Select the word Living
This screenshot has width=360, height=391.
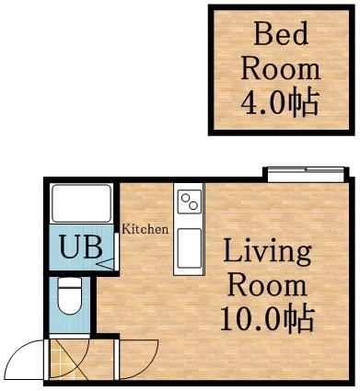coord(267,251)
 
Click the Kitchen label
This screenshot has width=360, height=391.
coord(145,229)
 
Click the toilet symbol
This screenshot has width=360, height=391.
coord(69,299)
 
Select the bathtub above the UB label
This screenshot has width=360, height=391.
coord(80,202)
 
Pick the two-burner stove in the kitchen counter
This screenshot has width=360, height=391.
coord(190,200)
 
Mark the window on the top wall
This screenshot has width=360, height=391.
coord(304,171)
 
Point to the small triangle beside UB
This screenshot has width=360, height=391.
coord(103,264)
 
